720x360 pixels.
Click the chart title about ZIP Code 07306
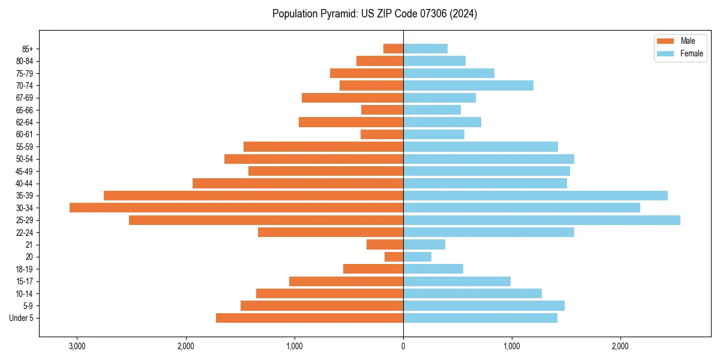click(374, 14)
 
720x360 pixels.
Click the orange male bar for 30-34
click(236, 208)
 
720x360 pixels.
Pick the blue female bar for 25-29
click(541, 220)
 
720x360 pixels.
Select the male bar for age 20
click(394, 257)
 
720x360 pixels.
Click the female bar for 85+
click(425, 49)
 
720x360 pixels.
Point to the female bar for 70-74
click(468, 85)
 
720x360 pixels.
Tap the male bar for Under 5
click(310, 318)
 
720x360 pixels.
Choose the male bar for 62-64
click(351, 122)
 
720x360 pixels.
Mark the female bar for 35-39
click(535, 196)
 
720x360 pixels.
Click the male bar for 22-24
click(331, 232)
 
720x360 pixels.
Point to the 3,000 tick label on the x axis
click(77, 346)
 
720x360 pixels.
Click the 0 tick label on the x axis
click(403, 346)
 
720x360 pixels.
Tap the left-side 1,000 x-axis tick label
click(295, 346)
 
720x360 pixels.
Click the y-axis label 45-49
click(25, 171)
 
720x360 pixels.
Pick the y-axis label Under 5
click(22, 318)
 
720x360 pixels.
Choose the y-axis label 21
click(29, 245)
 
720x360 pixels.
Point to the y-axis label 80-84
click(25, 61)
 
